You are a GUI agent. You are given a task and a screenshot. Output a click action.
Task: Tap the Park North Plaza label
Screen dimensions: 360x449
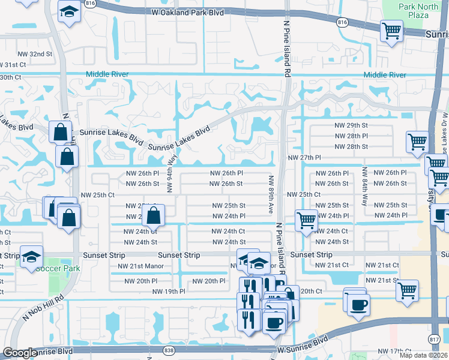click(x=418, y=10)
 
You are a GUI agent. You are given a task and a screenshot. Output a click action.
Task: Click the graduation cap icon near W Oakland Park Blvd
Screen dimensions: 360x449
click(x=70, y=11)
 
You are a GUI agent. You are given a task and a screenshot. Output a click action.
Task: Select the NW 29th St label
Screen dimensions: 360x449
click(x=351, y=125)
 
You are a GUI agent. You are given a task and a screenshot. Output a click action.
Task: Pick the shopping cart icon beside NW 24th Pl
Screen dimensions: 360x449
click(x=306, y=220)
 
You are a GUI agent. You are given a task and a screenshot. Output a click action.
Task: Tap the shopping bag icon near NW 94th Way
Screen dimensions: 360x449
click(x=154, y=214)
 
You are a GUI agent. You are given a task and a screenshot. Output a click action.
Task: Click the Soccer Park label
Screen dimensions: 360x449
click(x=57, y=268)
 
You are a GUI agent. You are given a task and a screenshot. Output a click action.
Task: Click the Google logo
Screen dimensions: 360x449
click(x=19, y=353)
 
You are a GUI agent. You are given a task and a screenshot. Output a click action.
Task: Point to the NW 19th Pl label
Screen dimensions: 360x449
click(x=169, y=292)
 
